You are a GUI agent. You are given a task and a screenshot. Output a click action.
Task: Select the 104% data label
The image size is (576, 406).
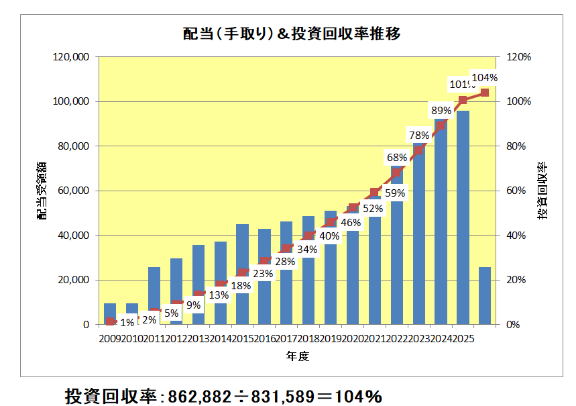[484, 78]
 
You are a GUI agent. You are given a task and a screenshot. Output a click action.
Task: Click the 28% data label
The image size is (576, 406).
[284, 262]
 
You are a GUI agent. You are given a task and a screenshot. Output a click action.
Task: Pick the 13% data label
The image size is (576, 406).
[219, 294]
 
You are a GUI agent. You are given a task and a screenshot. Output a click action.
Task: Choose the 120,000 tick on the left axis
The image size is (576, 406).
[70, 57]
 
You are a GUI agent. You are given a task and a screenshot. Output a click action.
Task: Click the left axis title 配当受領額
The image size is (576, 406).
[42, 191]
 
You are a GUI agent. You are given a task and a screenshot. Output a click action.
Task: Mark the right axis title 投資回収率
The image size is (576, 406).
[542, 191]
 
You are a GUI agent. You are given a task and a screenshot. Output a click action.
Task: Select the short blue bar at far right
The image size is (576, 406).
[484, 295]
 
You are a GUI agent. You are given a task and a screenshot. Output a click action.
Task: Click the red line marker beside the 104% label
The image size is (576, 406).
[484, 93]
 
